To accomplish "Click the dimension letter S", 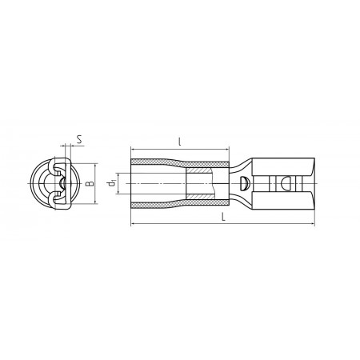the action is (x=79, y=139).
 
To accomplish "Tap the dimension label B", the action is (x=90, y=183).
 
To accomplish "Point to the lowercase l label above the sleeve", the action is (x=180, y=142).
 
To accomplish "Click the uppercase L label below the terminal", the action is (x=224, y=217).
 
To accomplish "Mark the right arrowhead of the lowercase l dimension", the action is (x=227, y=150).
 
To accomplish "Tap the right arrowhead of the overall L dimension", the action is (x=313, y=224).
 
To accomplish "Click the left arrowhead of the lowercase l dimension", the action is (x=133, y=150).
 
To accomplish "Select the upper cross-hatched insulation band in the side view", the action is (x=180, y=162).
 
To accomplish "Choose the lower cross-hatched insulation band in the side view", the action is (x=180, y=205).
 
